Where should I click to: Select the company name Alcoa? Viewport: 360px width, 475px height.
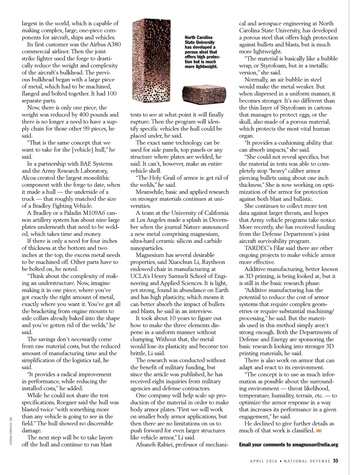[x=31, y=178]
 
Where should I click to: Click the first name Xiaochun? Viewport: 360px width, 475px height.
[x=183, y=262]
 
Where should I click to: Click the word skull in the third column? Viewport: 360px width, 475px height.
[x=246, y=122]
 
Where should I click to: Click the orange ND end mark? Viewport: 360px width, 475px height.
[x=319, y=431]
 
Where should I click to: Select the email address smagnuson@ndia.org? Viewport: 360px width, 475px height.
[x=315, y=445]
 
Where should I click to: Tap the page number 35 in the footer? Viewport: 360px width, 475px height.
[x=335, y=461]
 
